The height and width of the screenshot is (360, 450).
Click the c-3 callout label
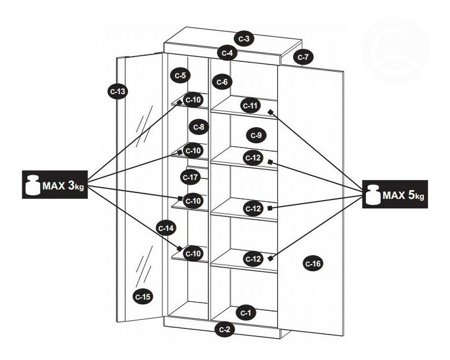[x=243, y=38]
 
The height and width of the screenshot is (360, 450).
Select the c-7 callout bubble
[x=303, y=57]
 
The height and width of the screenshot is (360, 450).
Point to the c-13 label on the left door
[x=118, y=91]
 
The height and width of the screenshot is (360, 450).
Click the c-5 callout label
[x=180, y=75]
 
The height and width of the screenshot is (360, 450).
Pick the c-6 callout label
[x=221, y=81]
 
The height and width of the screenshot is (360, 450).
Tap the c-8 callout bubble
[x=198, y=126]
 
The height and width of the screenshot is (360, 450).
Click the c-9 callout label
[x=255, y=135]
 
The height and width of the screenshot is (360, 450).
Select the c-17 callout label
[x=191, y=176]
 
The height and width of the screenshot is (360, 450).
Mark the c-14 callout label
[x=166, y=227]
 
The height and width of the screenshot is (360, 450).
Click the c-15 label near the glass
[x=143, y=296]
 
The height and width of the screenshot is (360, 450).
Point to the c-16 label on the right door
[x=313, y=263]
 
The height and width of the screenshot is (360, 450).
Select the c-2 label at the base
[x=225, y=329]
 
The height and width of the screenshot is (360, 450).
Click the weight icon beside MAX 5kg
[x=372, y=195]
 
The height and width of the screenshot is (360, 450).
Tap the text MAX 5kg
[x=404, y=195]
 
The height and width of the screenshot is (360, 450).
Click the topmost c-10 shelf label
[x=194, y=99]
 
